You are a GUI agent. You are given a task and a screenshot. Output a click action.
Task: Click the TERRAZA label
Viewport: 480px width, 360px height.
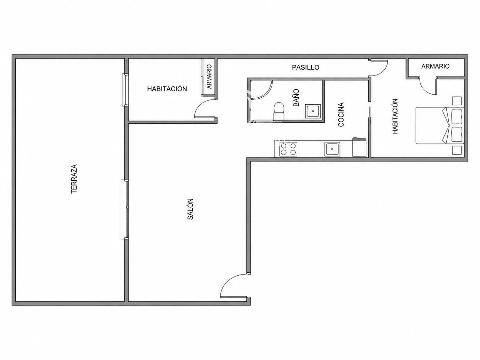point(74,179)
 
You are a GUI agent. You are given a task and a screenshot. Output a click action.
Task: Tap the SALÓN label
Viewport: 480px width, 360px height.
point(190,209)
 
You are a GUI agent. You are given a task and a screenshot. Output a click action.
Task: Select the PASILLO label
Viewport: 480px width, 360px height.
point(306,67)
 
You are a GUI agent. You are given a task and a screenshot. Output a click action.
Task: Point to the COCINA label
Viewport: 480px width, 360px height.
point(341,115)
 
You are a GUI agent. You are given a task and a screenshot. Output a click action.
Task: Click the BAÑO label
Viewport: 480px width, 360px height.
point(296,98)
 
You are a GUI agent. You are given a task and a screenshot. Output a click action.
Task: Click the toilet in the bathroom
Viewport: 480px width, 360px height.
point(279,111)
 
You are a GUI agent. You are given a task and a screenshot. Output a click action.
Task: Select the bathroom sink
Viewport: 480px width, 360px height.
point(313,111)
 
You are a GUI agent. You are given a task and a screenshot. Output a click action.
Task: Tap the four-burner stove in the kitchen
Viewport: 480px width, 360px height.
point(288,149)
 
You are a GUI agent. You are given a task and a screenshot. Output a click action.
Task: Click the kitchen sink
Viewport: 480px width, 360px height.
point(332,149)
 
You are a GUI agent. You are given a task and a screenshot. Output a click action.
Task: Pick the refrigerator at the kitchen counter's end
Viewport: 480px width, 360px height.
point(359,147)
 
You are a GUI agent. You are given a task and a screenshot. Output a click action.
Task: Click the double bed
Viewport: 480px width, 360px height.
point(440,125)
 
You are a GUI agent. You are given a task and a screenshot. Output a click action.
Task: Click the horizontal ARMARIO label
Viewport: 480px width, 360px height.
point(435,66)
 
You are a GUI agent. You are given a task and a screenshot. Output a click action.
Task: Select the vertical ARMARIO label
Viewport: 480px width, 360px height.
point(209,76)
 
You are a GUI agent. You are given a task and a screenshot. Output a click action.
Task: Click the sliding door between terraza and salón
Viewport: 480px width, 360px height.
point(125,209)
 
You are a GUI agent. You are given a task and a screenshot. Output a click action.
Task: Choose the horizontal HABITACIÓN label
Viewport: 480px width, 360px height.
point(167,89)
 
